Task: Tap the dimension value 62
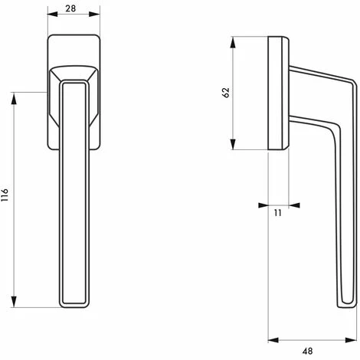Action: click(224, 92)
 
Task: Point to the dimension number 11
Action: click(278, 213)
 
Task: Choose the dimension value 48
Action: click(307, 351)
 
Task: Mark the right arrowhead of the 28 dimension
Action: click(97, 15)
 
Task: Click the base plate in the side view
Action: click(278, 92)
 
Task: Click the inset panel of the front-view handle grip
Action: click(75, 191)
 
